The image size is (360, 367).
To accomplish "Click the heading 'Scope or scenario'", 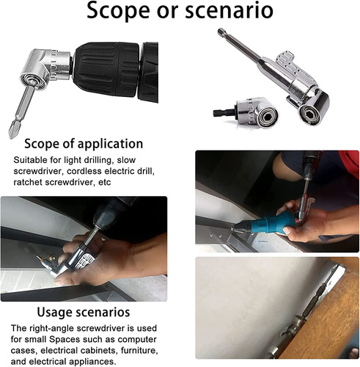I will [180, 12].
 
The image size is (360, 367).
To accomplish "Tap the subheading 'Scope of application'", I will [83, 143].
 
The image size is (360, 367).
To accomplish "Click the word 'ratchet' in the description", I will [31, 182].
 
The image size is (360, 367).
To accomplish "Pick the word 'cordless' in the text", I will [89, 171].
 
